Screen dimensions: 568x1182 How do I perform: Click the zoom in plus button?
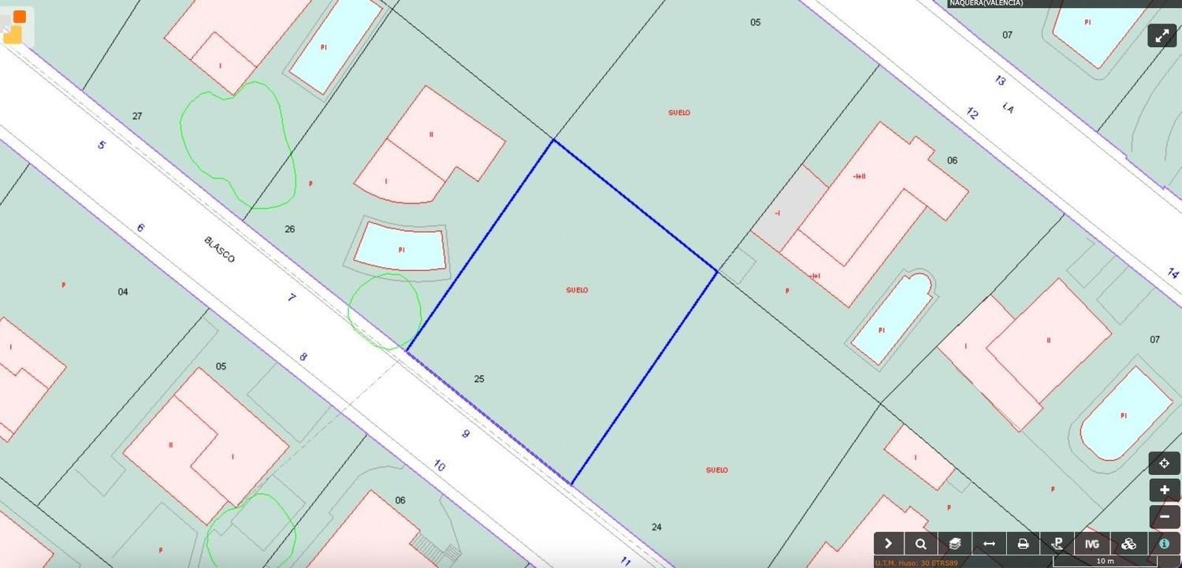click(1164, 490)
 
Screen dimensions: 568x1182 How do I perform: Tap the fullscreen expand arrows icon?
click(1162, 35)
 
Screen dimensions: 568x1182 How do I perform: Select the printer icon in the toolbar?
click(1023, 544)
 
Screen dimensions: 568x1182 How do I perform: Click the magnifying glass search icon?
click(921, 544)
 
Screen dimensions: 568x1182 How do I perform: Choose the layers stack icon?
click(955, 544)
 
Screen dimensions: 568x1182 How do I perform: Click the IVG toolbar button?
click(1091, 544)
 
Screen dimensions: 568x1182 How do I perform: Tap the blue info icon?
click(1164, 544)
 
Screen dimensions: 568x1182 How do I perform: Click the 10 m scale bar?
click(1105, 562)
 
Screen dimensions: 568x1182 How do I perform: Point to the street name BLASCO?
click(219, 250)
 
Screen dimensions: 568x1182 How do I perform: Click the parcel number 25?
click(479, 379)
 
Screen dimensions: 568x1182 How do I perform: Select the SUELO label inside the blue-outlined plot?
click(577, 290)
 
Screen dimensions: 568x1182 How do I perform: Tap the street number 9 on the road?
click(466, 433)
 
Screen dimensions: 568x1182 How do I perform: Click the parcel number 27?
click(137, 116)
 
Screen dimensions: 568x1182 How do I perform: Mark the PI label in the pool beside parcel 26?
click(401, 250)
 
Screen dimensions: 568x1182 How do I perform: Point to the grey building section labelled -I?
click(778, 213)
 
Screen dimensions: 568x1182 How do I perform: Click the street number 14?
click(1173, 273)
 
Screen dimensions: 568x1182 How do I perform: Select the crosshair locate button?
click(1164, 463)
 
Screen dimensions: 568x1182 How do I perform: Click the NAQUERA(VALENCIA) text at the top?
click(986, 3)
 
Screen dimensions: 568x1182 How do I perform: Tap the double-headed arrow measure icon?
click(989, 544)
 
